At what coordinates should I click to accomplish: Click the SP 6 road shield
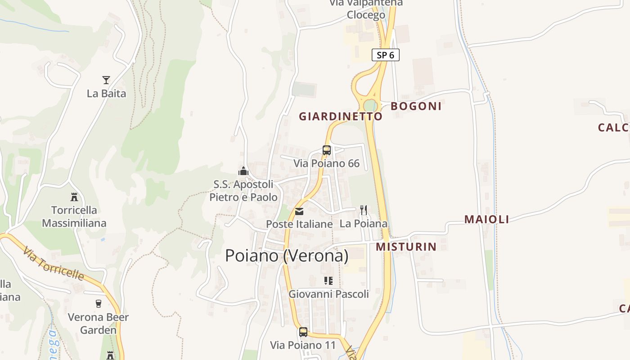386,55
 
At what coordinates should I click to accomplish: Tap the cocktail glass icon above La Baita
106,80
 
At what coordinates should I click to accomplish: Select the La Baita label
106,94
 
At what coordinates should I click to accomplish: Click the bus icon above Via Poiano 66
327,150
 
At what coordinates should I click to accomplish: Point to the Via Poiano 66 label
327,163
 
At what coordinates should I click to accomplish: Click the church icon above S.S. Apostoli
243,171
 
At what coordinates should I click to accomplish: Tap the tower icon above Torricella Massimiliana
74,197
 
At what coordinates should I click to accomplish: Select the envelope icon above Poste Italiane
299,211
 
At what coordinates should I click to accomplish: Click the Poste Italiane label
299,224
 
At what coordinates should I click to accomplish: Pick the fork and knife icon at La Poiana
364,210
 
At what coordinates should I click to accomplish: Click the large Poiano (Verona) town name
287,256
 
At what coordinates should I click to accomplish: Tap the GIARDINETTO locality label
341,117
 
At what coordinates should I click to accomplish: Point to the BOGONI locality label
416,106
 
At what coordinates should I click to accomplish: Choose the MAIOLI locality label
486,220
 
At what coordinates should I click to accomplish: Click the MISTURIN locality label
406,247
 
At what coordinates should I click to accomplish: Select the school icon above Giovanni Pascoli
328,281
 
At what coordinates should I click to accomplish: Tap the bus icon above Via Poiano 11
303,332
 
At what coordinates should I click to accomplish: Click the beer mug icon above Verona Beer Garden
99,303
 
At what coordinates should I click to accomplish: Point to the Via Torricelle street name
54,264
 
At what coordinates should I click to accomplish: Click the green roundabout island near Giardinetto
370,105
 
